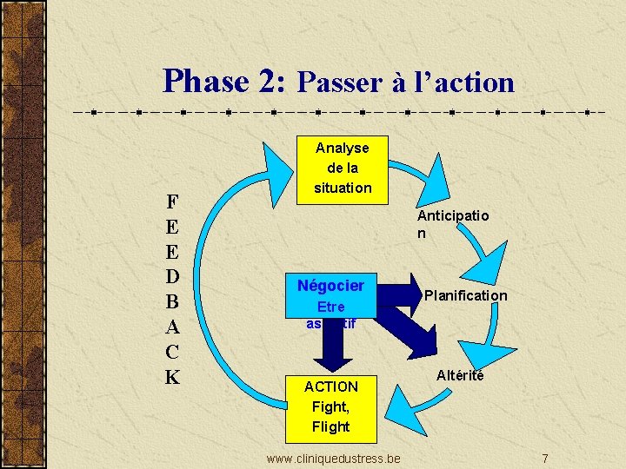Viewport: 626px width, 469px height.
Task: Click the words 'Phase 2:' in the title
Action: (x=223, y=81)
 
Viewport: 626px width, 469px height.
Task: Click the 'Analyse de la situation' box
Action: (x=342, y=168)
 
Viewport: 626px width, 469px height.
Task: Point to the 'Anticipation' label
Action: (x=452, y=224)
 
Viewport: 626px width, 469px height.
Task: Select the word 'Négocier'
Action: (x=330, y=285)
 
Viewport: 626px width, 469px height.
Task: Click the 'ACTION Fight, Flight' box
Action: (x=330, y=406)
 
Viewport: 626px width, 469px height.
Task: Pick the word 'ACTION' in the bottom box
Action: (x=330, y=386)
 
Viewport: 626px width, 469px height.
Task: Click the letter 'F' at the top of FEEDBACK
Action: (x=172, y=201)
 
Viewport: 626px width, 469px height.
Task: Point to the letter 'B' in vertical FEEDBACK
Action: (x=172, y=301)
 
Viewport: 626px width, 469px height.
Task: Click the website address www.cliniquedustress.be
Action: (x=333, y=458)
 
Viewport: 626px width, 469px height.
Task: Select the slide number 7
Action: (x=544, y=458)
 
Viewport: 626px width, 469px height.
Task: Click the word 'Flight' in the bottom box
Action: (x=330, y=426)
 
